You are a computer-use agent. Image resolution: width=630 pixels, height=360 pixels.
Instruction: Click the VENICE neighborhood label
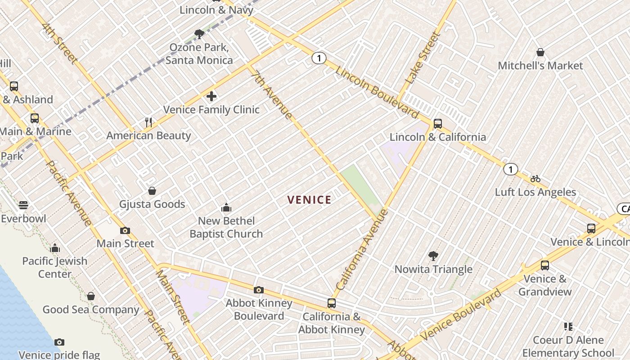click(x=309, y=200)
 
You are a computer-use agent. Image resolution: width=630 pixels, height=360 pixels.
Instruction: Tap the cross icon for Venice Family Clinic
click(x=211, y=96)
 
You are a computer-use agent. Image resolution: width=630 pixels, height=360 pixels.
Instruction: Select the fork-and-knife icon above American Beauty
click(x=149, y=122)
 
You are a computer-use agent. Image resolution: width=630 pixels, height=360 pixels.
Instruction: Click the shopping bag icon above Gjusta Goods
click(x=152, y=191)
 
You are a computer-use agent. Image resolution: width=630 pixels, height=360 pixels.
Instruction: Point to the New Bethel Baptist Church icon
click(x=226, y=207)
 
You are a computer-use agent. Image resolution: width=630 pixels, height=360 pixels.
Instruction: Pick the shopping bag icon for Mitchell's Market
click(x=540, y=53)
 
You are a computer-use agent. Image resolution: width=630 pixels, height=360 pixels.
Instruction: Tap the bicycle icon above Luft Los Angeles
click(x=535, y=179)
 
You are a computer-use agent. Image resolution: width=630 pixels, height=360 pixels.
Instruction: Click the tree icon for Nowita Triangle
click(x=433, y=256)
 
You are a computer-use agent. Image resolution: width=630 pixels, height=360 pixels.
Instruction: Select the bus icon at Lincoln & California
click(x=437, y=124)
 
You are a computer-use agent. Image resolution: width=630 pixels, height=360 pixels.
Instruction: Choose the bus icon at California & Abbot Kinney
click(x=332, y=303)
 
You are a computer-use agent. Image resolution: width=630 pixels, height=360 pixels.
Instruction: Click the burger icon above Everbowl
click(x=23, y=205)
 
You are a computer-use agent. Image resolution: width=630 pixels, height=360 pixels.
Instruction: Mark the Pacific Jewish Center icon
click(x=55, y=248)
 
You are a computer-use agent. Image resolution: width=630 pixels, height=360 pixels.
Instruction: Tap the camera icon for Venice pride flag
click(x=59, y=342)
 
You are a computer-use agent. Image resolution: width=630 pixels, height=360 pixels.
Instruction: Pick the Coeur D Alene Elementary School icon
click(x=568, y=327)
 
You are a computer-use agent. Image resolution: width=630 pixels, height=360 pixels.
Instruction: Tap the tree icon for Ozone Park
click(x=199, y=34)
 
